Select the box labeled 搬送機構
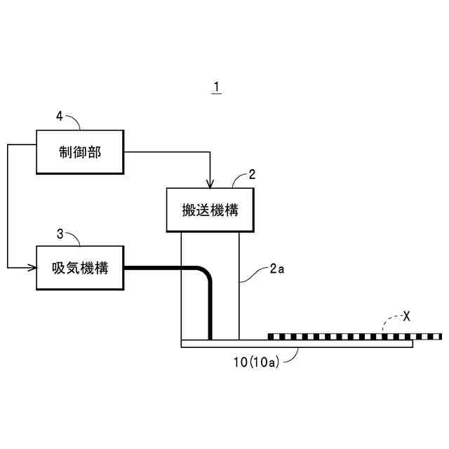pos(210,209)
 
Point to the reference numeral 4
pos(59,116)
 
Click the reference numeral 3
pos(59,233)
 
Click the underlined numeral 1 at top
pos(217,88)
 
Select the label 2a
pos(276,268)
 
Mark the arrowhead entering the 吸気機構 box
pos(32,267)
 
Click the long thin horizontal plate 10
pos(224,343)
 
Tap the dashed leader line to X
pos(387,321)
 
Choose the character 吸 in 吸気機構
pos(58,267)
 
